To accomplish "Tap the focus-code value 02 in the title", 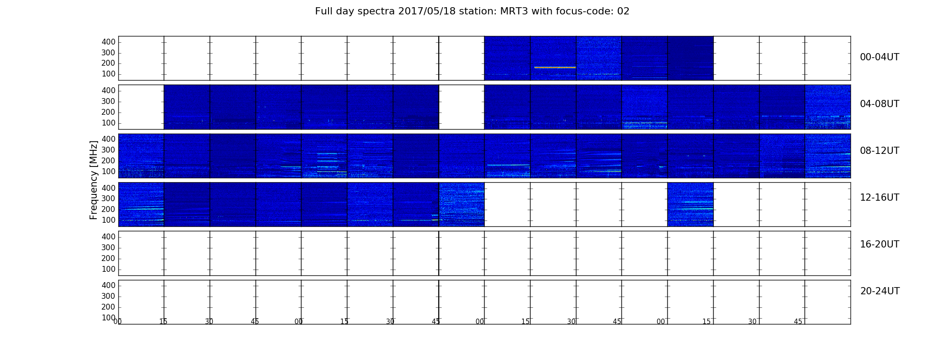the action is tap(623, 11).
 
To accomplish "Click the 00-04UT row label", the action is tap(880, 57).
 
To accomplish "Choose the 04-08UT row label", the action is tap(880, 104).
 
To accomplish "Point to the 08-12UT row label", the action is tap(880, 151).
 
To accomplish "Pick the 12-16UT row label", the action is tap(880, 198).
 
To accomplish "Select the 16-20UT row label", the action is tap(880, 244).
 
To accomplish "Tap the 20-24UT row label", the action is tap(880, 291).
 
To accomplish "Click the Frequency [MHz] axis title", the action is tap(94, 180).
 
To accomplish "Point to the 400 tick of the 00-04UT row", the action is tap(108, 42).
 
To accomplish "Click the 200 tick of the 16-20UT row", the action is tap(108, 258).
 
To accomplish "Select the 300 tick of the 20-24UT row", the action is tap(108, 296).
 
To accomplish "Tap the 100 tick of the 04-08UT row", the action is tap(108, 123).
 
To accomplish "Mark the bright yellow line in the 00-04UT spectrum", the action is tap(555, 67).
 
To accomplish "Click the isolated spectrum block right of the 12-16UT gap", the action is tap(690, 204).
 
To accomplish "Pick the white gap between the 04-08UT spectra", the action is tap(462, 107).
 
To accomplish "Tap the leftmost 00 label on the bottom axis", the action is tap(118, 322).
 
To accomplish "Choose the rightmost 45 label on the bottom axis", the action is tap(798, 322).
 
